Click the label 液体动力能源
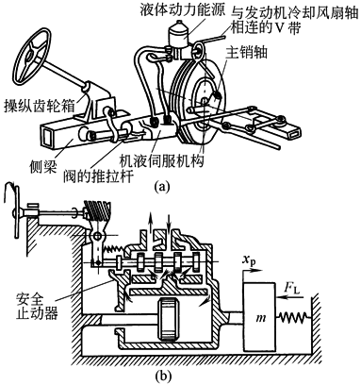point(183,10)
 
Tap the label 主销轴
point(246,53)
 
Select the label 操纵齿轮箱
point(40,106)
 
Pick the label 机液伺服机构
point(162,160)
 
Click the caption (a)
point(162,187)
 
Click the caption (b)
point(163,376)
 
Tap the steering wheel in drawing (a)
point(33,53)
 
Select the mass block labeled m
point(260,317)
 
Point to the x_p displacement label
point(250,260)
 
